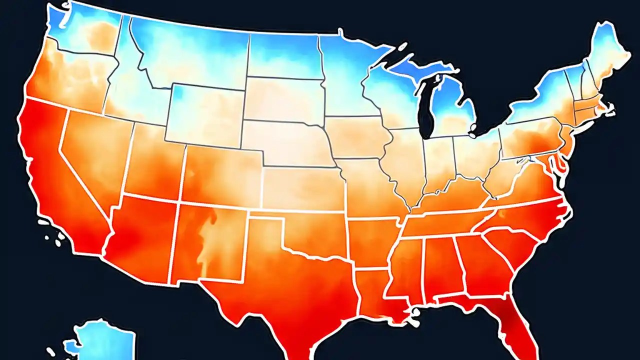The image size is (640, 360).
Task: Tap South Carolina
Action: [x=512, y=245]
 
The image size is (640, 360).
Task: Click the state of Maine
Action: [x=607, y=55]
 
